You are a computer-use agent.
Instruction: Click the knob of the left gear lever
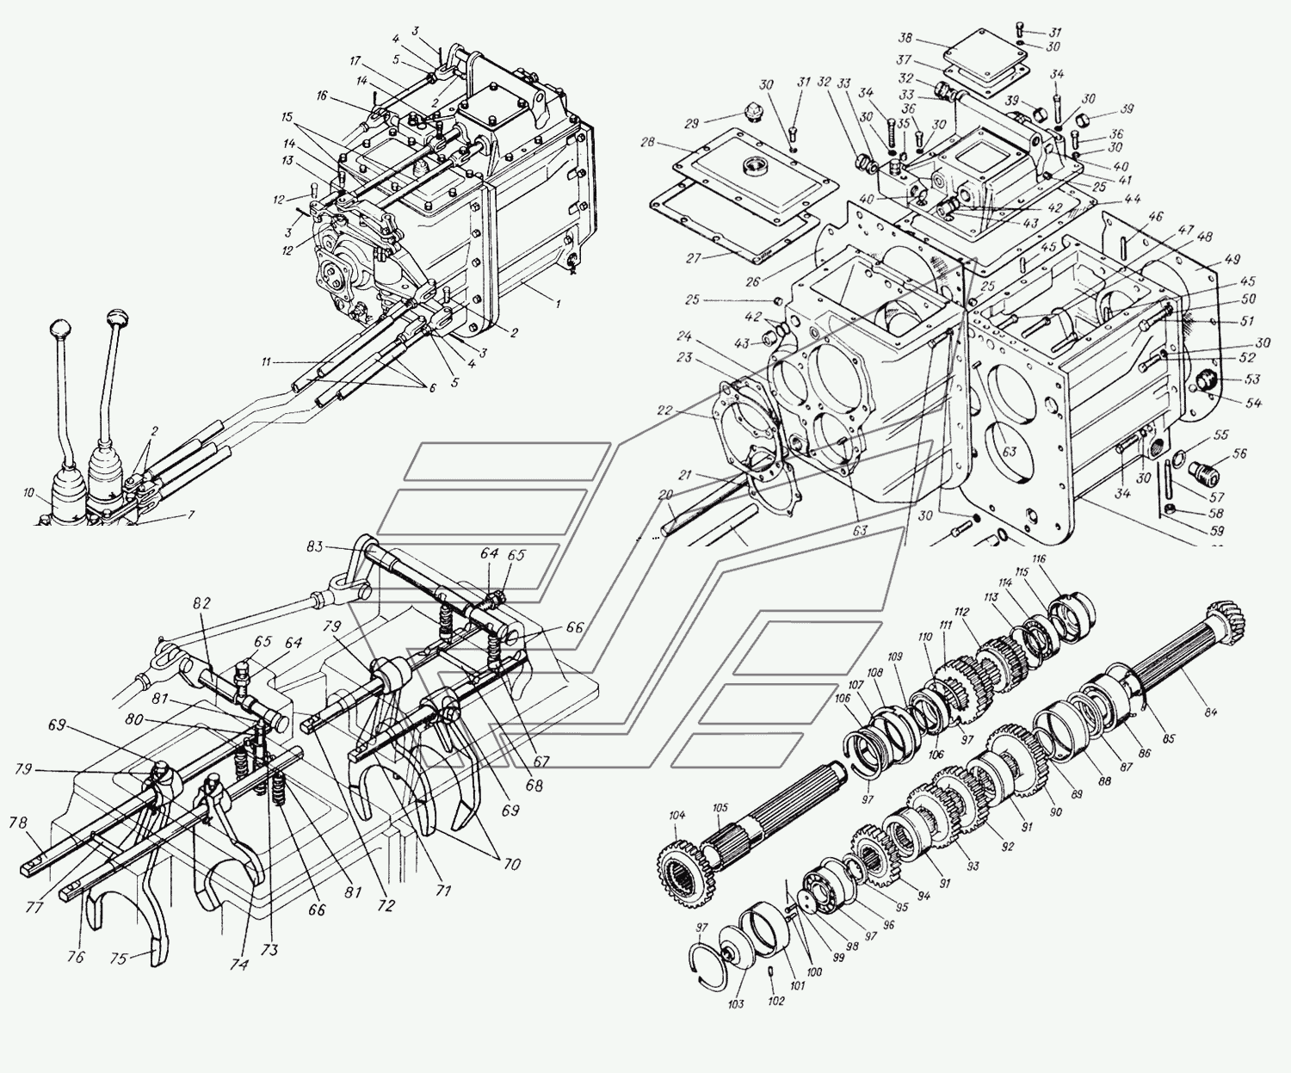61,329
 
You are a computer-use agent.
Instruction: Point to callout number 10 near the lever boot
29,493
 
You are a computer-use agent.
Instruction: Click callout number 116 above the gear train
1039,559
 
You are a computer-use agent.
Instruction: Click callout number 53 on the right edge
1252,379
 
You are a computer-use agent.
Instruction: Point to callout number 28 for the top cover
648,141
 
